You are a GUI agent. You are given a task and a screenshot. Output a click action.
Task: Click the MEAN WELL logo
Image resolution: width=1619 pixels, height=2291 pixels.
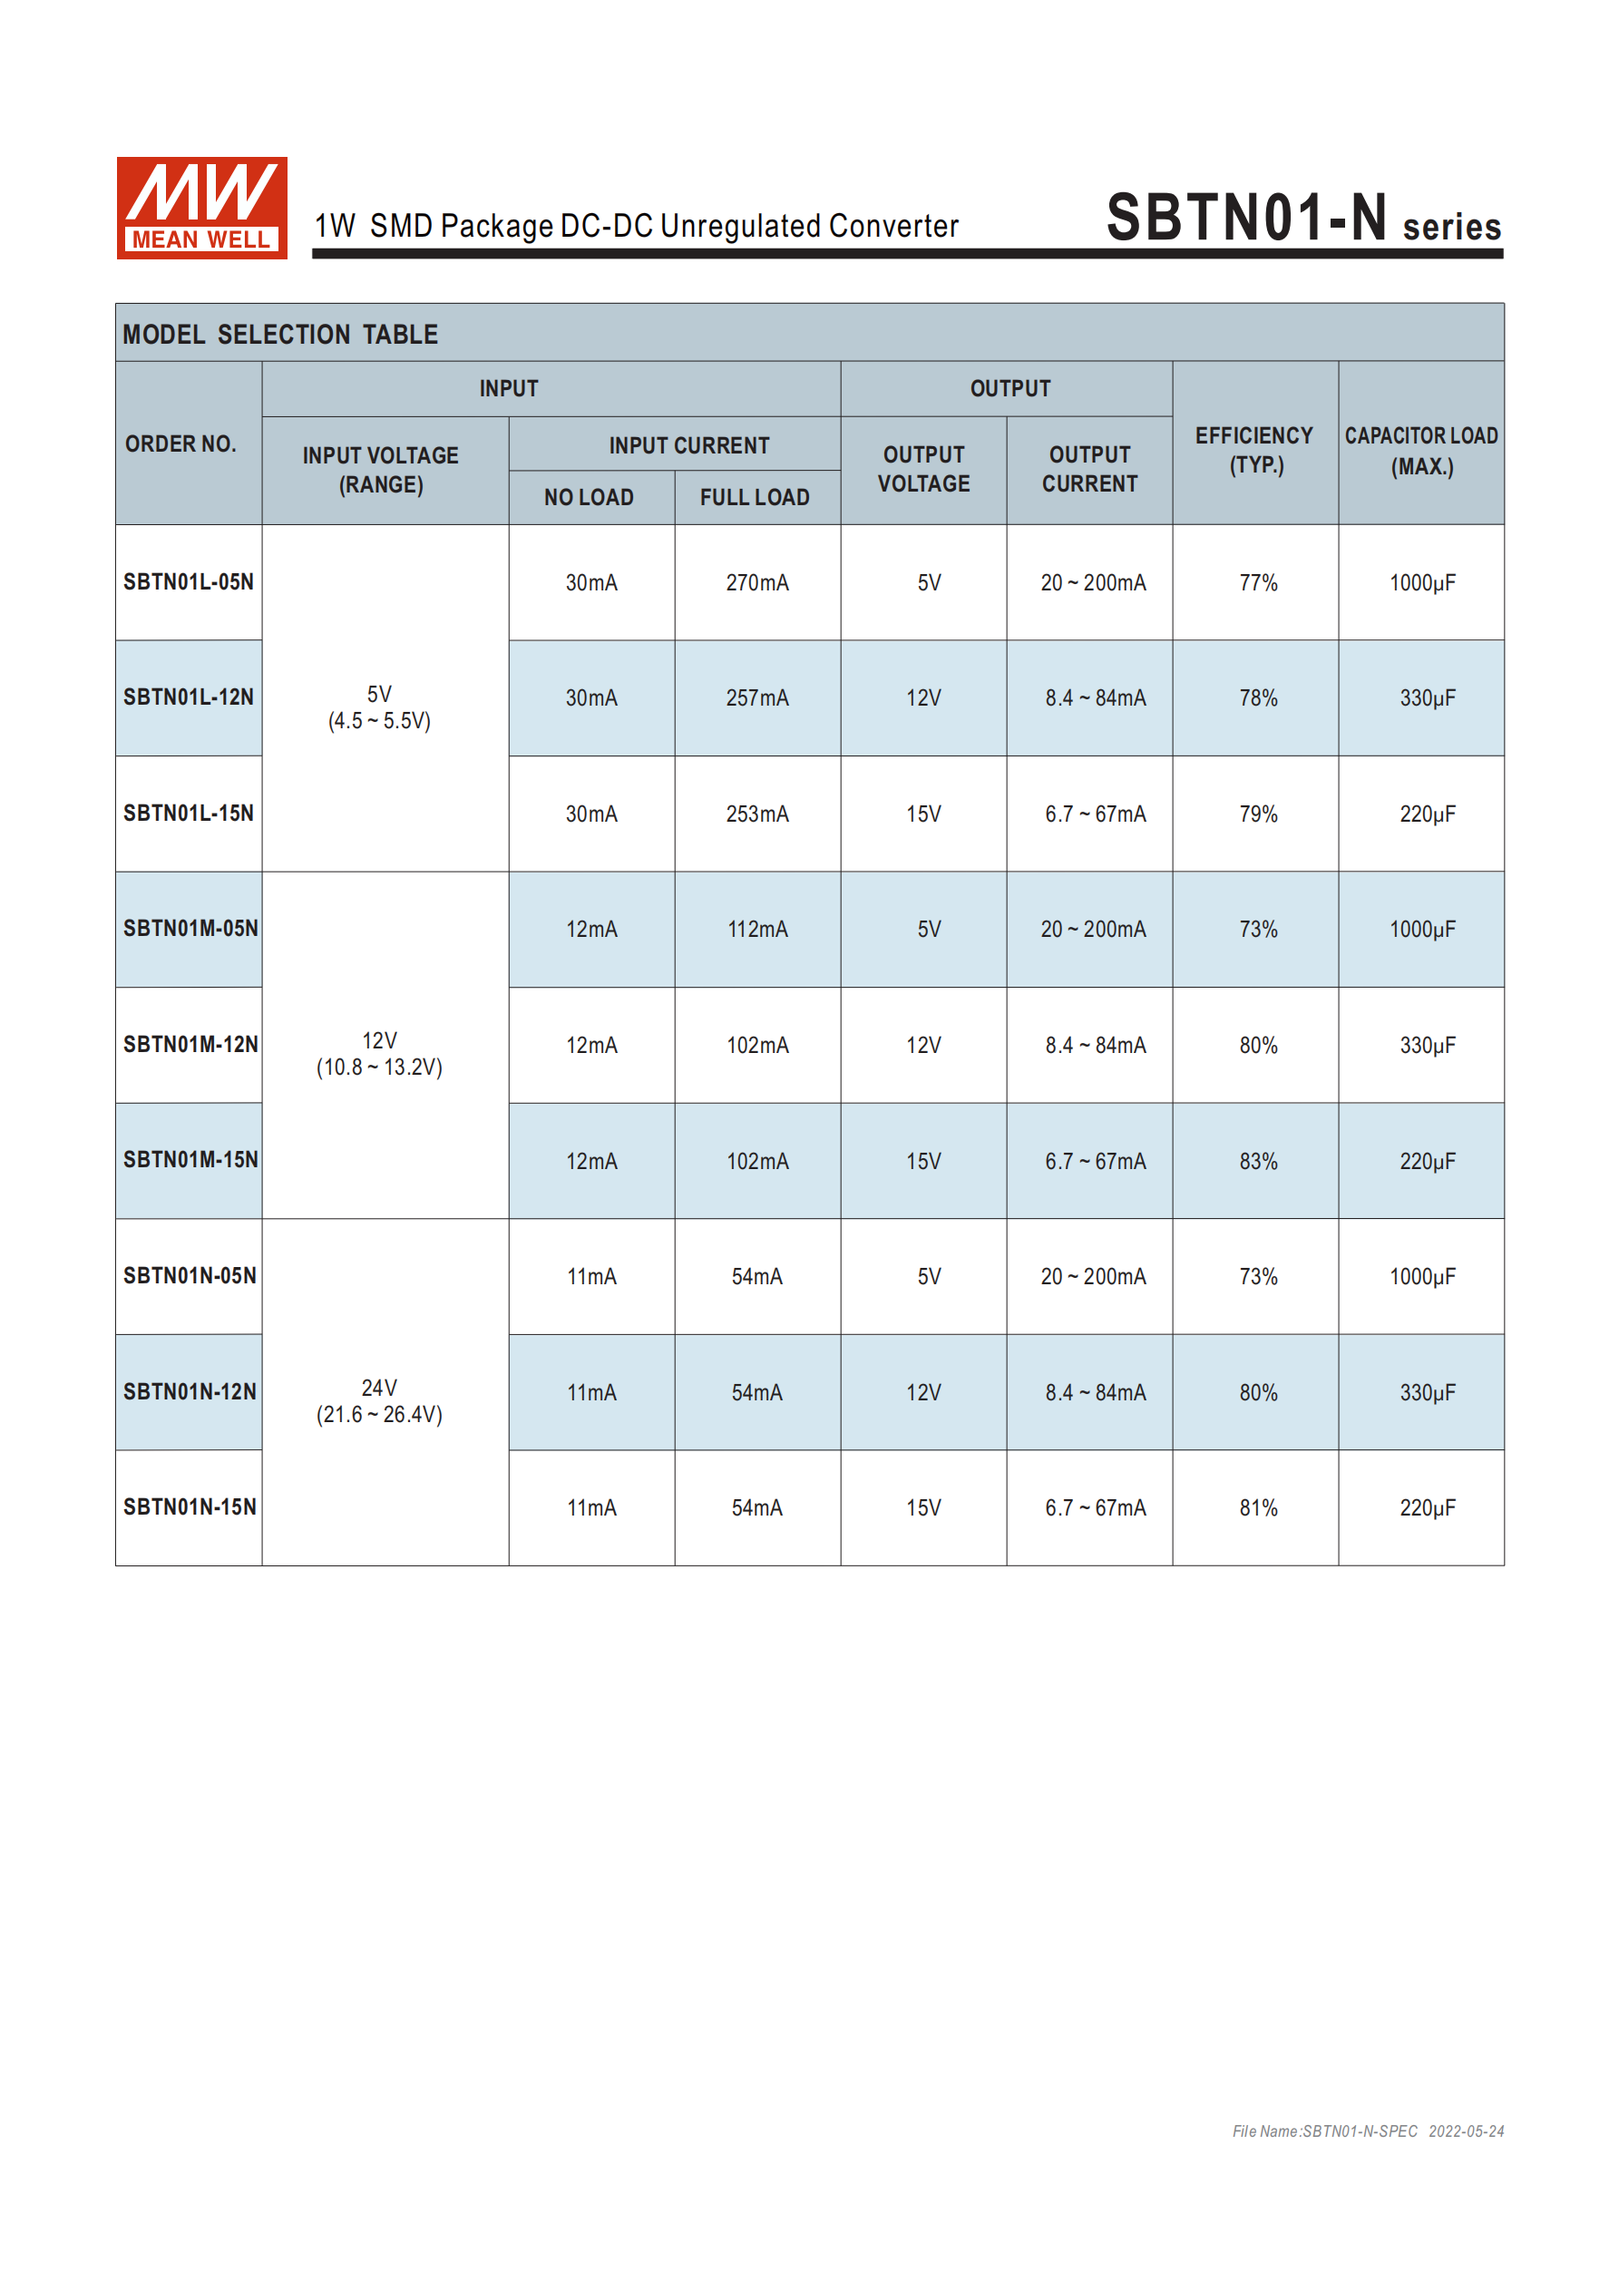click(x=201, y=208)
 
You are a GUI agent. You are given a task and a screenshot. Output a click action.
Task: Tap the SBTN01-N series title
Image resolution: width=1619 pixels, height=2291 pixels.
click(x=1302, y=219)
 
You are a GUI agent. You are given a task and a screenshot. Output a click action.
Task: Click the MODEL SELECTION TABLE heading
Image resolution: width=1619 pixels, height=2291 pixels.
click(x=280, y=335)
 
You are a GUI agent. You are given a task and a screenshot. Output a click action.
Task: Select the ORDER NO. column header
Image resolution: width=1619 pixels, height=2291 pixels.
click(x=180, y=444)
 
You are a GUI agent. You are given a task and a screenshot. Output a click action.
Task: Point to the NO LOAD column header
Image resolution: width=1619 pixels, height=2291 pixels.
click(x=589, y=497)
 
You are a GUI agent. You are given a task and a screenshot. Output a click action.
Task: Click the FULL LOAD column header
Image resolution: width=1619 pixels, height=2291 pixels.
click(x=755, y=497)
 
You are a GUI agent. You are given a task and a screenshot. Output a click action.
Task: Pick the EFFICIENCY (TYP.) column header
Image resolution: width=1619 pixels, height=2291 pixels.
click(x=1254, y=450)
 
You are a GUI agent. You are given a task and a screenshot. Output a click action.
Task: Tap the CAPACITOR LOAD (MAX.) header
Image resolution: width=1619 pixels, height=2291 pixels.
click(x=1420, y=450)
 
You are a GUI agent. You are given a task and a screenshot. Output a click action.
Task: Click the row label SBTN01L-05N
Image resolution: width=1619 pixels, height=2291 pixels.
click(x=189, y=581)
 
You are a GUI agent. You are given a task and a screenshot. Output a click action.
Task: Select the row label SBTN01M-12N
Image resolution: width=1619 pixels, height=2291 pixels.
click(x=190, y=1045)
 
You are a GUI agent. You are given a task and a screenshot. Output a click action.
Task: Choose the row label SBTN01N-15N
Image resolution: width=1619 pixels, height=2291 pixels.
click(x=190, y=1506)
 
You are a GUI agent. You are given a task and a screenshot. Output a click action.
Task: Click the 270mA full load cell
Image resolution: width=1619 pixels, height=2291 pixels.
click(x=756, y=583)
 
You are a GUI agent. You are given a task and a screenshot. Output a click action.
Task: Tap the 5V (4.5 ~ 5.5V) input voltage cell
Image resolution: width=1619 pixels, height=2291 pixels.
click(x=379, y=707)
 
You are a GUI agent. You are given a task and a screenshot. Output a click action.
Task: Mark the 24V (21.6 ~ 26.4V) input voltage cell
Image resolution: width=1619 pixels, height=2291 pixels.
click(x=379, y=1401)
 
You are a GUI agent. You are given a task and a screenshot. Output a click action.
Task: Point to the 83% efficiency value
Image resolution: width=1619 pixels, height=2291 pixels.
click(x=1258, y=1162)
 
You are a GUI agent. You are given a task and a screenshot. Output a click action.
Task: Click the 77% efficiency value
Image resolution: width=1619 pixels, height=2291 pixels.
click(x=1258, y=583)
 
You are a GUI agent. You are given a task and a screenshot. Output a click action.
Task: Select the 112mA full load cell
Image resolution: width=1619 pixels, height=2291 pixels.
click(x=756, y=930)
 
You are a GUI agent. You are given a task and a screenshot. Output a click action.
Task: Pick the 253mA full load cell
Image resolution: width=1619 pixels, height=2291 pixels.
click(x=756, y=814)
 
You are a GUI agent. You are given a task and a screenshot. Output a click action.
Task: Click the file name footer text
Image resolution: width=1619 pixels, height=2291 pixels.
click(x=1368, y=2131)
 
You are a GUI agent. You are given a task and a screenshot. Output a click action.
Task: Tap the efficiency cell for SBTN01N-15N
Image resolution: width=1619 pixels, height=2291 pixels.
click(x=1258, y=1507)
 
